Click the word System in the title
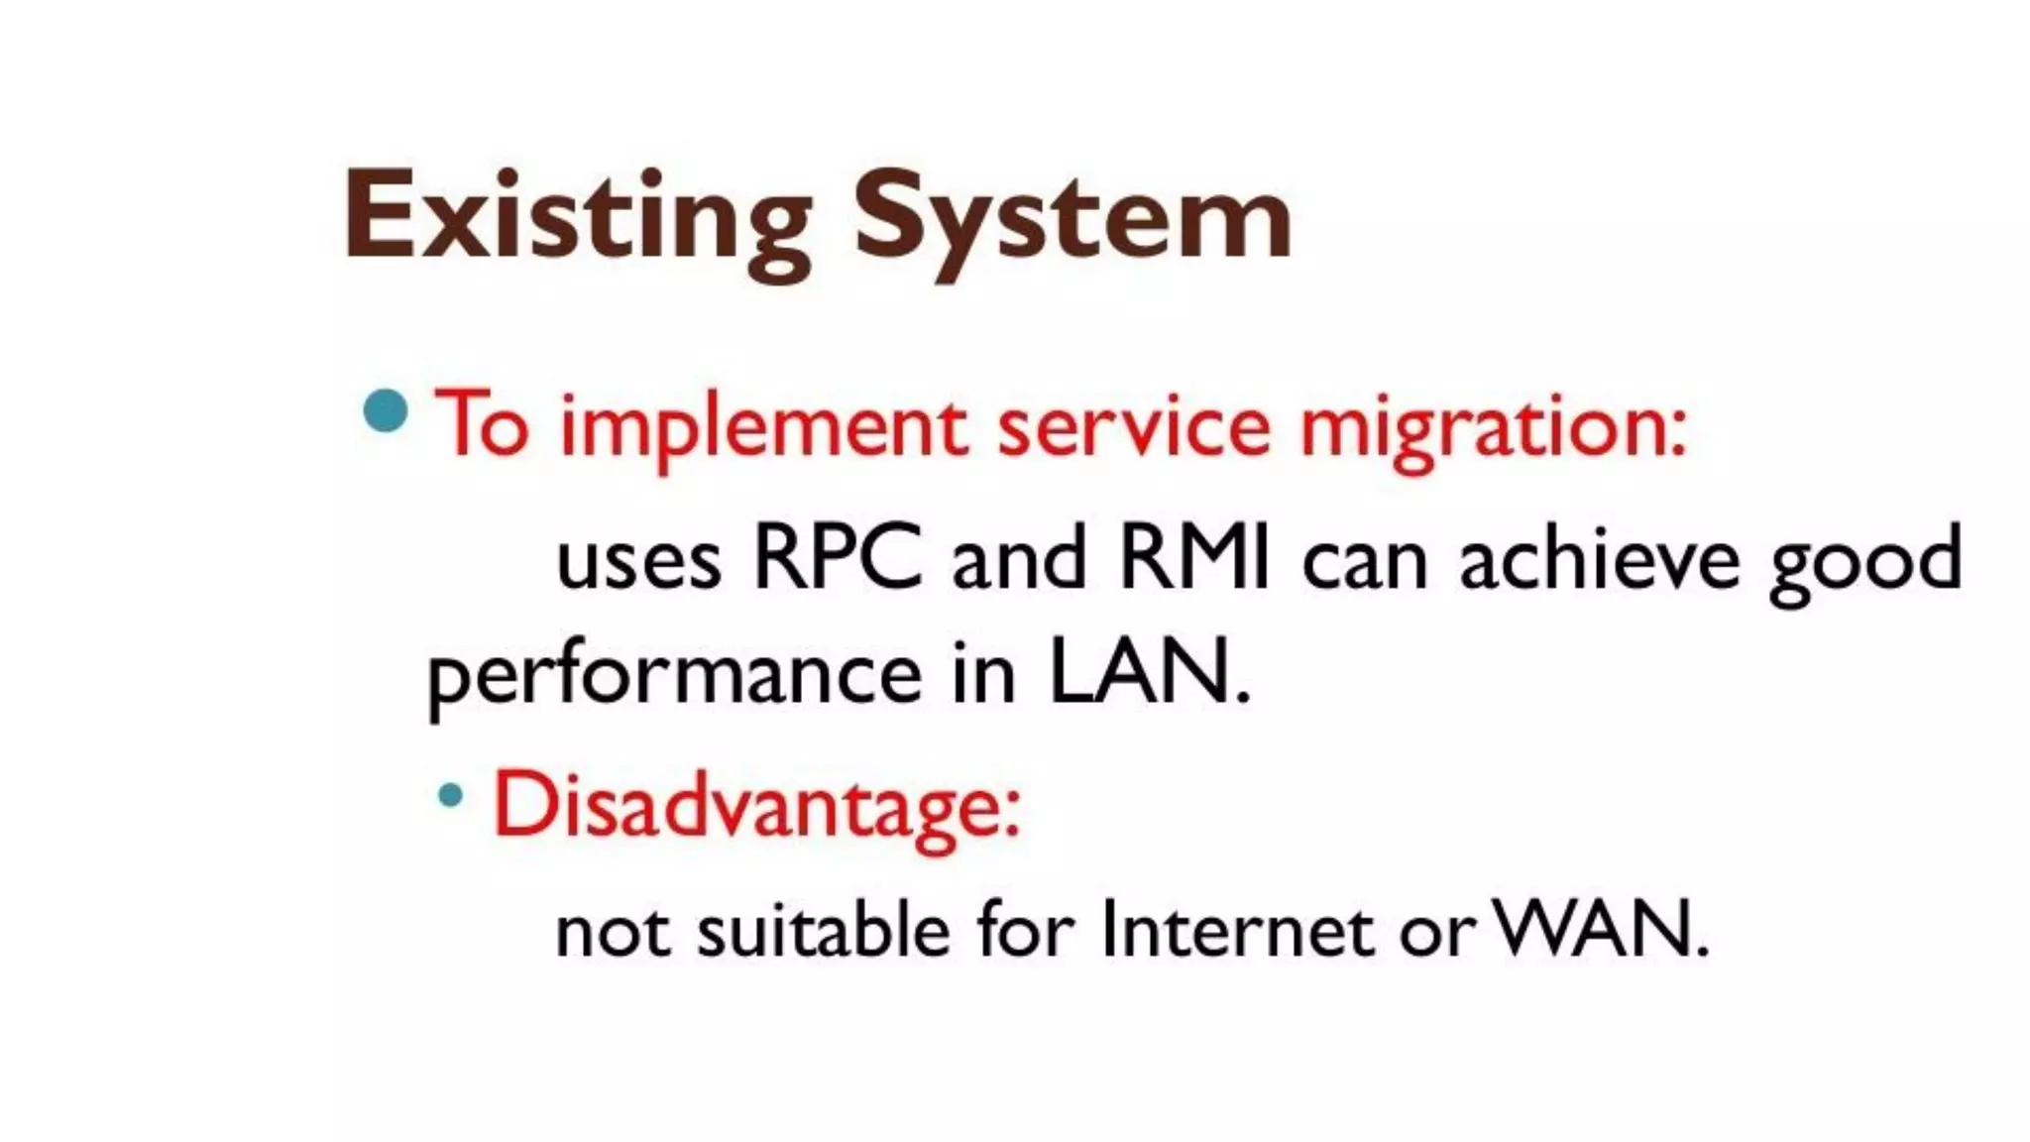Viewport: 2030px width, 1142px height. click(x=1072, y=220)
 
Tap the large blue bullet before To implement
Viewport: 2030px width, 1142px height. click(x=386, y=411)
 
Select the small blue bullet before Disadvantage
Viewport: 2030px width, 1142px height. click(x=451, y=794)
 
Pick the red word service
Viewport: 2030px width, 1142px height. click(x=1133, y=426)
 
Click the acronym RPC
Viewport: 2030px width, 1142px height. click(x=838, y=558)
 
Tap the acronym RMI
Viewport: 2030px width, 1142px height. click(x=1193, y=558)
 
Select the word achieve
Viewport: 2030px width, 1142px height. click(x=1599, y=558)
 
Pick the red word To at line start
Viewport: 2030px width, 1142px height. click(x=482, y=426)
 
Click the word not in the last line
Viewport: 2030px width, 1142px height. click(x=612, y=932)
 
